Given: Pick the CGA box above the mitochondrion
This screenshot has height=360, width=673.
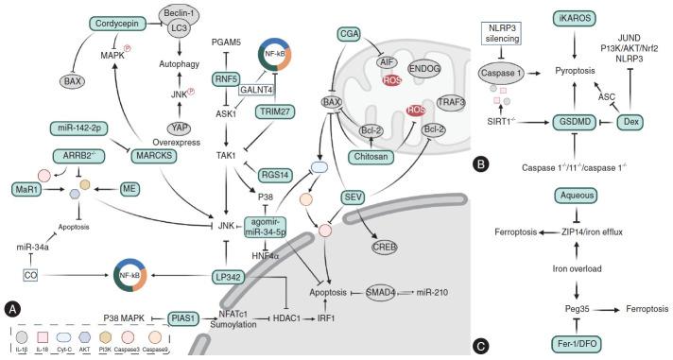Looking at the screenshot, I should (349, 34).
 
